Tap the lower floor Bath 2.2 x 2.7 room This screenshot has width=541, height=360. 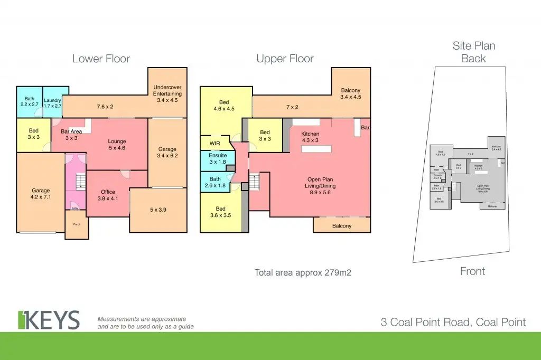(x=29, y=101)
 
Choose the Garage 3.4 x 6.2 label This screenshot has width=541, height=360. (x=167, y=153)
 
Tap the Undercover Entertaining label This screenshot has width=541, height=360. (x=167, y=90)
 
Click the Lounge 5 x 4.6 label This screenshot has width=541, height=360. (x=116, y=145)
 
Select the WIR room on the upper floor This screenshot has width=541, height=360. (x=214, y=143)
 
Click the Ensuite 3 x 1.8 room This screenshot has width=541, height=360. (x=217, y=159)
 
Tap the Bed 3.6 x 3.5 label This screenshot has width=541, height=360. (x=220, y=212)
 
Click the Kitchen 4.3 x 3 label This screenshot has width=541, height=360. (x=310, y=137)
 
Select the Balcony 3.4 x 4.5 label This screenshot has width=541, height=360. (x=350, y=93)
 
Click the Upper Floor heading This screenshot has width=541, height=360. (x=285, y=58)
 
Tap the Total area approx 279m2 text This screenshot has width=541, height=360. (x=303, y=272)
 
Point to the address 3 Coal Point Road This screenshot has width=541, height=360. (x=453, y=322)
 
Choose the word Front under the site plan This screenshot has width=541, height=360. (x=472, y=271)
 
